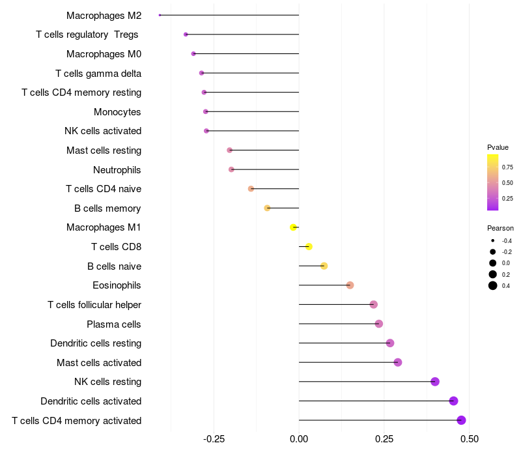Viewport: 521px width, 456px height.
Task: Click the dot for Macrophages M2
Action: tap(160, 15)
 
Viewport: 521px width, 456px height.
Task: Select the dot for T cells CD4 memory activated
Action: tap(461, 420)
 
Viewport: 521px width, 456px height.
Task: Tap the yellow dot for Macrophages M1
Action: tap(294, 227)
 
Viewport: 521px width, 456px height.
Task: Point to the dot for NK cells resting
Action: tap(435, 382)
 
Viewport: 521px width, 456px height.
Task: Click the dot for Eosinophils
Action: tap(350, 285)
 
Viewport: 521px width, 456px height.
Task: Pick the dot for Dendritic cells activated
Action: tap(453, 401)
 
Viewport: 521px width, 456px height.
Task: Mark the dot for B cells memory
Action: tap(267, 208)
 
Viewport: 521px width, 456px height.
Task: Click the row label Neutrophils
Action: tap(117, 170)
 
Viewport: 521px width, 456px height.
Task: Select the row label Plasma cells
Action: tap(114, 324)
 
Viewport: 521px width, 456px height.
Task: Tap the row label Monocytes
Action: tap(117, 112)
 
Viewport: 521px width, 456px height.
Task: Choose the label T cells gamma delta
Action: tap(98, 74)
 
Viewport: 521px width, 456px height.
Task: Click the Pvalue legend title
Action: tap(498, 147)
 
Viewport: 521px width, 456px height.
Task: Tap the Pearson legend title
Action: tap(500, 228)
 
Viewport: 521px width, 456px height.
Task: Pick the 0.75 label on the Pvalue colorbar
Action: tap(507, 167)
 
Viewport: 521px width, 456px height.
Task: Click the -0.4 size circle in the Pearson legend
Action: tap(493, 241)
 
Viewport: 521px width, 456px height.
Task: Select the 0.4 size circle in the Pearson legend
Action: tap(493, 285)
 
